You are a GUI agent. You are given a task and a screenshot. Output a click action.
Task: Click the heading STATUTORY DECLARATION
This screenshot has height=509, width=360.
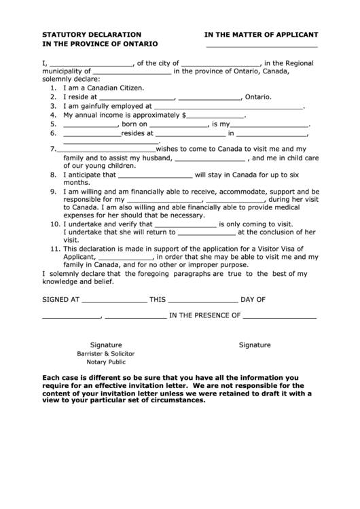(92, 33)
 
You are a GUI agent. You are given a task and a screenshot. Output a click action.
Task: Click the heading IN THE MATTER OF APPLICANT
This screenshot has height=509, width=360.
(262, 33)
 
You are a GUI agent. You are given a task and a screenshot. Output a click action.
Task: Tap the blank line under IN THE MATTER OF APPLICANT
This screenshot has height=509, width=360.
(262, 46)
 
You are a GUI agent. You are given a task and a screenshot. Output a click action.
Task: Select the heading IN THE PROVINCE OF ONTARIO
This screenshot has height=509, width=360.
(100, 43)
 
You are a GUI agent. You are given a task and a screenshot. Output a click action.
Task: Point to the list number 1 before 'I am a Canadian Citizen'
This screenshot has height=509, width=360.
(53, 88)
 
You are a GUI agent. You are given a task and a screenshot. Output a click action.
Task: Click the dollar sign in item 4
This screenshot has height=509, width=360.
(184, 116)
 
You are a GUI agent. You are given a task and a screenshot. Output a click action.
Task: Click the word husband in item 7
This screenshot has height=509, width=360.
(159, 158)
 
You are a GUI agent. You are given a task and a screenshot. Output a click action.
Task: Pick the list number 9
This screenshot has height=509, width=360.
(53, 192)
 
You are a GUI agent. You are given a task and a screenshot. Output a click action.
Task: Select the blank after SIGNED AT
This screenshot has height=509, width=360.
(114, 300)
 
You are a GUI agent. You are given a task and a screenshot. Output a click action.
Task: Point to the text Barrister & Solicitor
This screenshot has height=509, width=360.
(105, 354)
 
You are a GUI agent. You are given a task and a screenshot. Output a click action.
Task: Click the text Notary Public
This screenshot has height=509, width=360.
(105, 363)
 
